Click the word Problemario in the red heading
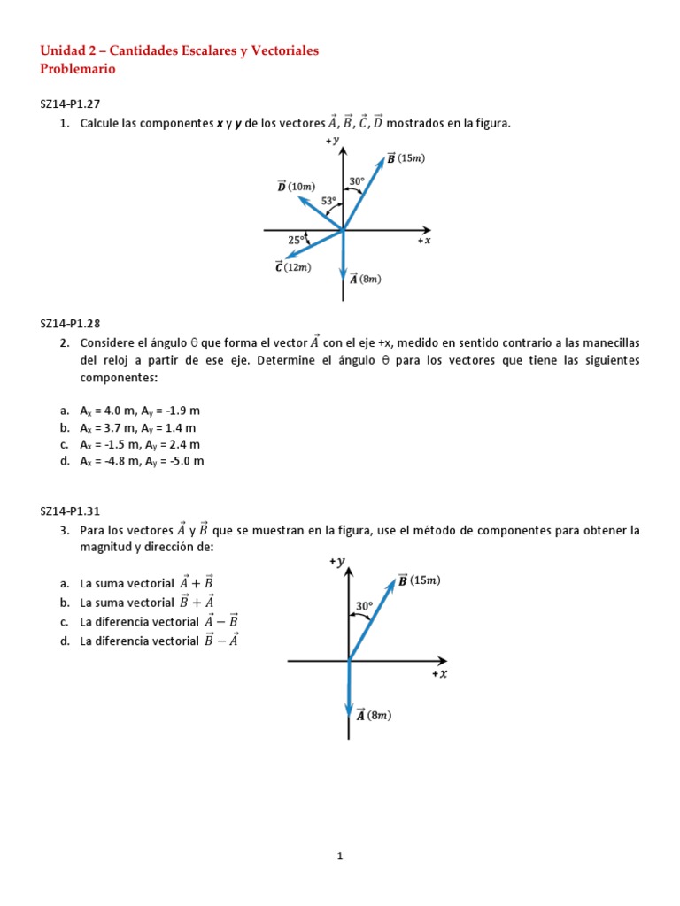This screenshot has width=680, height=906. tap(78, 68)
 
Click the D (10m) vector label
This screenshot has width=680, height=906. tap(296, 187)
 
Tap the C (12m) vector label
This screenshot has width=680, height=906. tap(293, 267)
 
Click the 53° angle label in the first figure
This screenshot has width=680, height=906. tap(329, 201)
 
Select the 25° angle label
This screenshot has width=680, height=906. tap(297, 239)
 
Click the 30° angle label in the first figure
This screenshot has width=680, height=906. tap(357, 181)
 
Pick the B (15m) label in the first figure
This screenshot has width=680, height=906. tap(406, 158)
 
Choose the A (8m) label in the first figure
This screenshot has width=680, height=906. tap(366, 280)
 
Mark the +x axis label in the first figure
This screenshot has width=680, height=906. tap(424, 241)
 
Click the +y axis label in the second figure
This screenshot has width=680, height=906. tap(336, 561)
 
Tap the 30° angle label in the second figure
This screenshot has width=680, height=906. tap(364, 606)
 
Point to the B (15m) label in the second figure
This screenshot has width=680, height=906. tap(419, 580)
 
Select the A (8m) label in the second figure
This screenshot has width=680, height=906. tap(375, 715)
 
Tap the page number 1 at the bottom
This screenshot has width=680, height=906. tap(340, 856)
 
